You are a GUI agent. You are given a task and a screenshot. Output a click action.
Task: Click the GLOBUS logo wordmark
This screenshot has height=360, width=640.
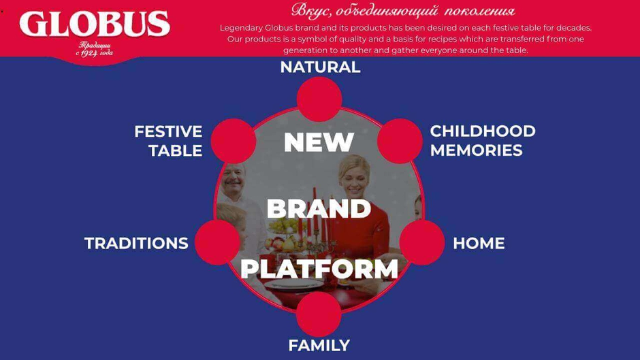95,24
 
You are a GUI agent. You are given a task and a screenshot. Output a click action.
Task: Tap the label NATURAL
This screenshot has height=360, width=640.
321,67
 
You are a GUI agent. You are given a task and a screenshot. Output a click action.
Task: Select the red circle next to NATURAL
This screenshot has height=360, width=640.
319,99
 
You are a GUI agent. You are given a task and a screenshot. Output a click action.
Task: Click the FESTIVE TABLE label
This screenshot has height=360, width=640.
168,141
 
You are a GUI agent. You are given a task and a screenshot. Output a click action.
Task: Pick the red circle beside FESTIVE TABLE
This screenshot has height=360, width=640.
234,141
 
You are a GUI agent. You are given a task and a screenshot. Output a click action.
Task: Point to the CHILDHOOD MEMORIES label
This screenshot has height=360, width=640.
483,141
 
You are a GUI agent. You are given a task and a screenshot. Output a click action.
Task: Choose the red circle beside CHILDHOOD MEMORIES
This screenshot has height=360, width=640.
400,141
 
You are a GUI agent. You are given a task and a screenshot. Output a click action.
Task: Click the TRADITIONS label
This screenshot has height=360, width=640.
136,243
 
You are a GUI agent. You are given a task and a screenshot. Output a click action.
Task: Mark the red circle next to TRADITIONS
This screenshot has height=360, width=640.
217,242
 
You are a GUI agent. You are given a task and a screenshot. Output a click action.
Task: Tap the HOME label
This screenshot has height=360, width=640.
479,243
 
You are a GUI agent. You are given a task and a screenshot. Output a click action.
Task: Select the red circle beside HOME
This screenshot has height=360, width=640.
422,242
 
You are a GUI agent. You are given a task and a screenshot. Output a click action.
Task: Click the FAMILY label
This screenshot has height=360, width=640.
319,346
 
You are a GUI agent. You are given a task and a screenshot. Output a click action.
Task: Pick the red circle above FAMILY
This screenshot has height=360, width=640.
319,314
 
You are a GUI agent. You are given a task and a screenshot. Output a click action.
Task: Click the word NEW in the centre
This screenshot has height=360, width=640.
319,142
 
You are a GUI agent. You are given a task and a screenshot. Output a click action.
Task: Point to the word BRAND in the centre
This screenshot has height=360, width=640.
319,208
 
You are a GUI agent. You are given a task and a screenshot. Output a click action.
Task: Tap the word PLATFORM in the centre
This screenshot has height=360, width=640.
319,269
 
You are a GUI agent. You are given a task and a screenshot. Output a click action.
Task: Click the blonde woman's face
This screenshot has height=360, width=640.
354,180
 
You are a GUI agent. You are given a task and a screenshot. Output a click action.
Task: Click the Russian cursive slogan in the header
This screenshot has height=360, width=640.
403,11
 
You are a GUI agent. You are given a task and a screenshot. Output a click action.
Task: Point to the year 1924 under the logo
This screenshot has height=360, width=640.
89,54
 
